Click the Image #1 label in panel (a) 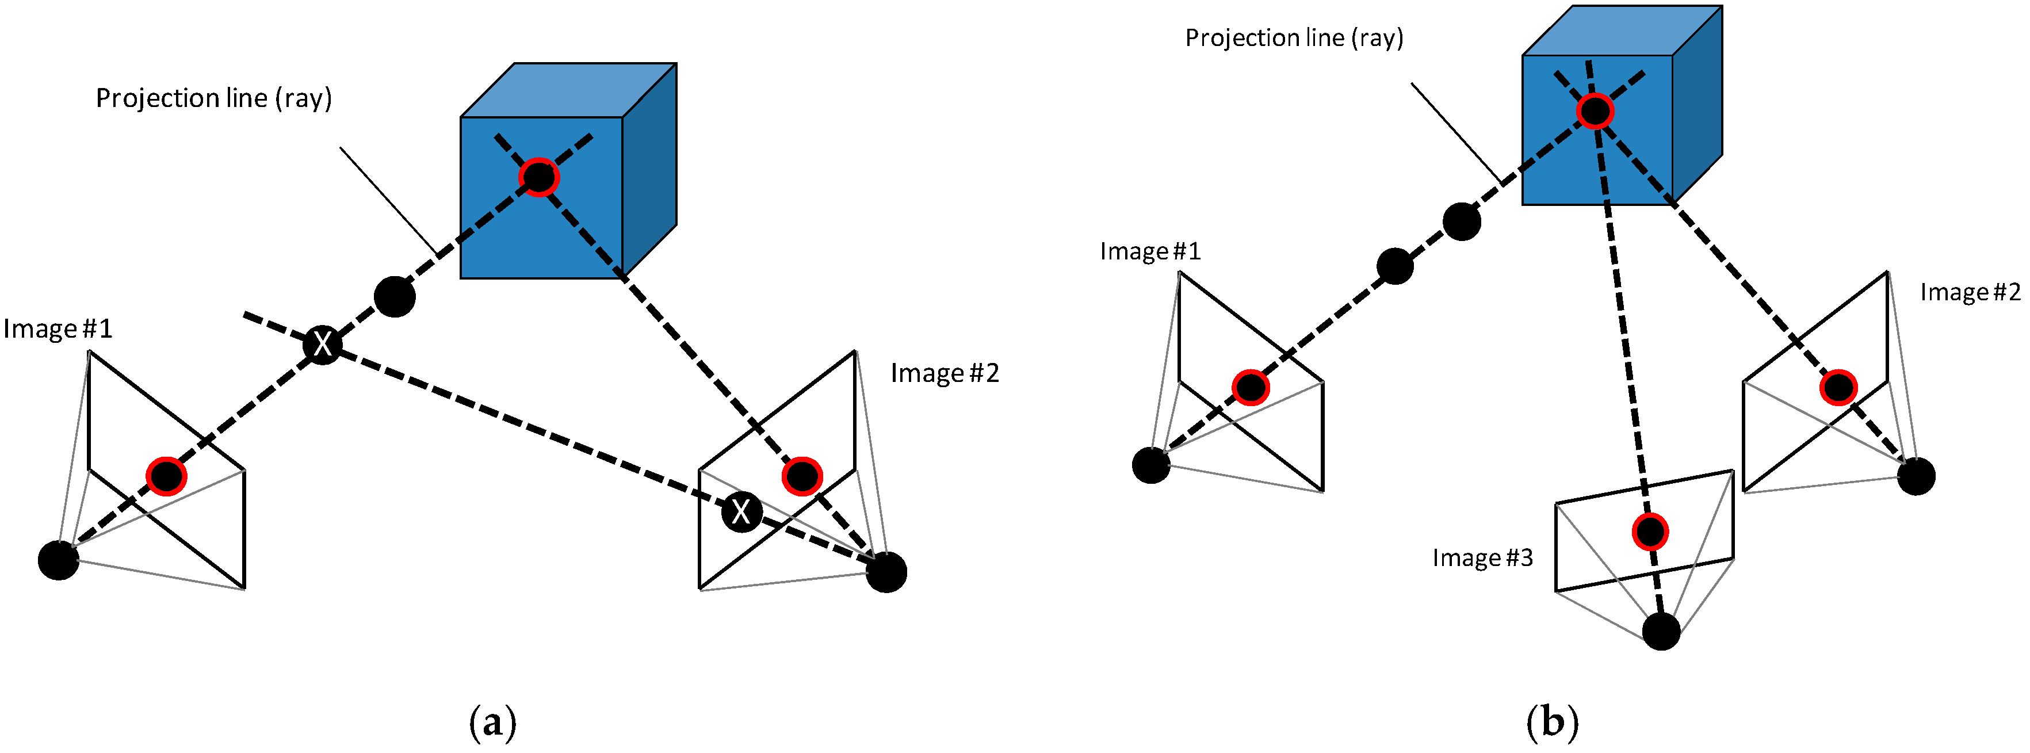(58, 328)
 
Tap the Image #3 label (1482, 557)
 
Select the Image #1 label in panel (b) (1150, 251)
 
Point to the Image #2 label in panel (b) (1970, 292)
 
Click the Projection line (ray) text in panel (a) (213, 98)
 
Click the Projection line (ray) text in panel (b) (1294, 38)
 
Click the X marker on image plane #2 (741, 513)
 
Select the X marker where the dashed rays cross (322, 344)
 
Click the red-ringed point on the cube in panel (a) (539, 177)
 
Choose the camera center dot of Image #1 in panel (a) (58, 560)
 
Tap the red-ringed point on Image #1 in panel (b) (1251, 388)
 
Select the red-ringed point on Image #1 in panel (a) (166, 476)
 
